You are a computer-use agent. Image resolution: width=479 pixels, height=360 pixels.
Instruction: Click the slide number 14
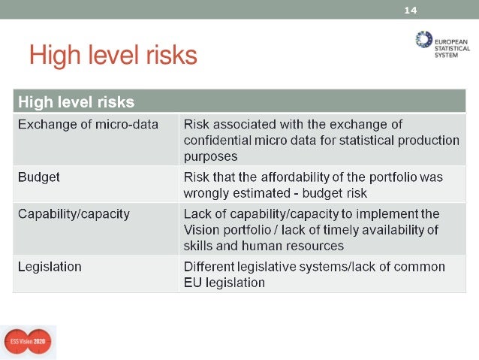[x=410, y=10]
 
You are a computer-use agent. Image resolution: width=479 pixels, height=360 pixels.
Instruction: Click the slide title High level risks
[x=113, y=55]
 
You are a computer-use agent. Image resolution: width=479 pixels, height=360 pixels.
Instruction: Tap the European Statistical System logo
[x=442, y=44]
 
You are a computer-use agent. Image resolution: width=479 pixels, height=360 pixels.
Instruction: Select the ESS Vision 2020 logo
[x=27, y=342]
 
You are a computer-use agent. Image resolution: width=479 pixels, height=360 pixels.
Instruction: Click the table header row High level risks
[x=77, y=101]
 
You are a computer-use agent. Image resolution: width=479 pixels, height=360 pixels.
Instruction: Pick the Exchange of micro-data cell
[x=89, y=124]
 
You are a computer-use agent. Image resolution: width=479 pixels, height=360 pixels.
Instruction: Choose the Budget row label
[x=39, y=178]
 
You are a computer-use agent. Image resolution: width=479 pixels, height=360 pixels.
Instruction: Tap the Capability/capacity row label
[x=74, y=213]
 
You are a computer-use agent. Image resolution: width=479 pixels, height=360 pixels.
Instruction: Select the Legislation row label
[x=50, y=267]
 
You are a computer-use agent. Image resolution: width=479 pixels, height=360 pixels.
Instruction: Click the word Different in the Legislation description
[x=209, y=267]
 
